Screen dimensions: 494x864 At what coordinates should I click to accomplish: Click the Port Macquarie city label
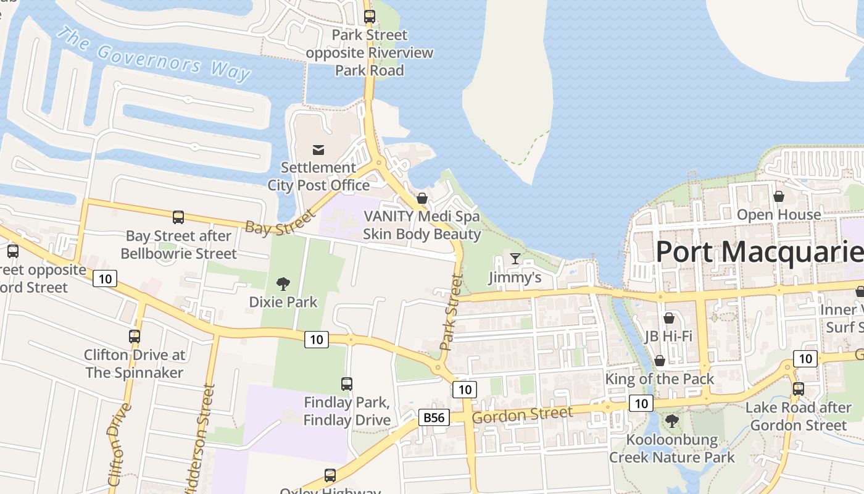point(759,252)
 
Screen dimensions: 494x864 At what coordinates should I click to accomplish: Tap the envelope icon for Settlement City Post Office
point(318,149)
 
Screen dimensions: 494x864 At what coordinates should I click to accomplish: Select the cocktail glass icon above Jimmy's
point(515,258)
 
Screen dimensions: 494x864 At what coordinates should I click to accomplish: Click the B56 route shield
point(433,417)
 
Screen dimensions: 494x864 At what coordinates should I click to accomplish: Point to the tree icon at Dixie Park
point(283,284)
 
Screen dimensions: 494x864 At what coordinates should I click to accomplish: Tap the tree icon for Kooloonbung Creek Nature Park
point(672,421)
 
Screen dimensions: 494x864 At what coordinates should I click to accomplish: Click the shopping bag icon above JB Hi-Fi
point(668,318)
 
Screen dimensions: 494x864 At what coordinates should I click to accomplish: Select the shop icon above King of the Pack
point(660,361)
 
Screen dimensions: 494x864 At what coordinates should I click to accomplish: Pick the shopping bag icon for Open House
point(779,196)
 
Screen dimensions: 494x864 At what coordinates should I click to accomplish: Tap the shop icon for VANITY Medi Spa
point(422,198)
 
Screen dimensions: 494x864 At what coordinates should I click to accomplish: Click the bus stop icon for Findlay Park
point(347,384)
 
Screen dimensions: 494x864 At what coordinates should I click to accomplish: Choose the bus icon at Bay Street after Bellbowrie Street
point(178,217)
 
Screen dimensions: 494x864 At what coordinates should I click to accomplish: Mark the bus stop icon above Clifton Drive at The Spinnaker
point(135,337)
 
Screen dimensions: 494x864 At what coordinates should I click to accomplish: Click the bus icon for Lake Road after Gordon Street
point(799,389)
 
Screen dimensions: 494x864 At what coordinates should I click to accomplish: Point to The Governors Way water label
point(154,54)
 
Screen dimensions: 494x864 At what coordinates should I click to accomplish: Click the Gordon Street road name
point(522,416)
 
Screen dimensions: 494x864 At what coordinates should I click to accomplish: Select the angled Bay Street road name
point(280,222)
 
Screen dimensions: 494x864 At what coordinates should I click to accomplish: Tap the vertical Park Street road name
point(451,312)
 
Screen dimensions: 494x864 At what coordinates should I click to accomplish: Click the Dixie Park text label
point(283,302)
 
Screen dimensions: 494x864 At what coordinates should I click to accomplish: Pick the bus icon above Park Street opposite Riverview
point(370,17)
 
